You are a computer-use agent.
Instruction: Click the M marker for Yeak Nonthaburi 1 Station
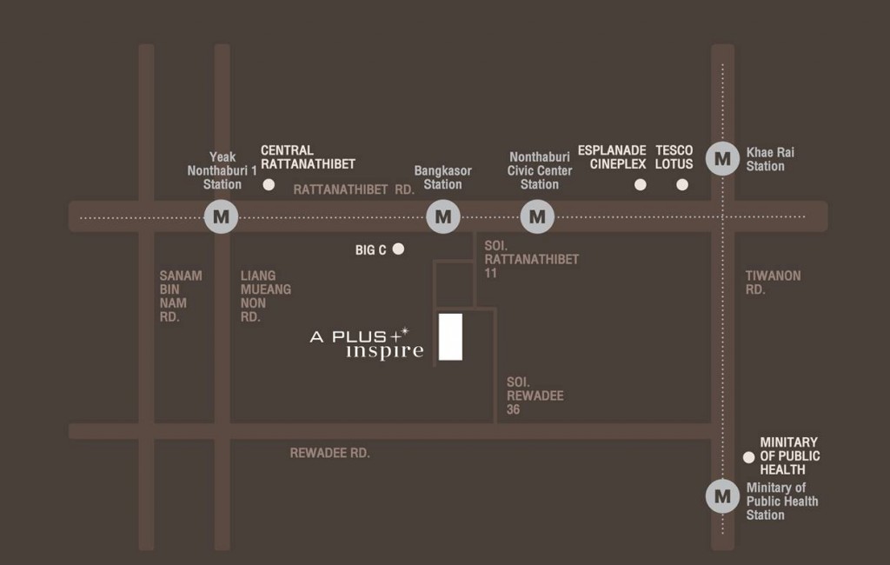tap(221, 216)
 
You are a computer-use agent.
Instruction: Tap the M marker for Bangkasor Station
tap(443, 216)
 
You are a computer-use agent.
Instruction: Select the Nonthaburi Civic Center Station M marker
tap(538, 216)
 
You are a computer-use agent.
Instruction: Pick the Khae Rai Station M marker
tap(722, 159)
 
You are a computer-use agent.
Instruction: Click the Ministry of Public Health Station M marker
tap(722, 496)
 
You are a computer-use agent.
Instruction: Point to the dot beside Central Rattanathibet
tap(269, 185)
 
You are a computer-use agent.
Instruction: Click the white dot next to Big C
tap(398, 249)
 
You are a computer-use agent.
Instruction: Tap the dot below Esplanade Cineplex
tap(641, 184)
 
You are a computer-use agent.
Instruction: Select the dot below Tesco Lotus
tap(682, 184)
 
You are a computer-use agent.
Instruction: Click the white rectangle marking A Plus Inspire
tap(450, 337)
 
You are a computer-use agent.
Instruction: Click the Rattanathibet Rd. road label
tap(354, 189)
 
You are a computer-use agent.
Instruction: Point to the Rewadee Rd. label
tap(329, 453)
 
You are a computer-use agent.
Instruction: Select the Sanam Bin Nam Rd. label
tap(180, 296)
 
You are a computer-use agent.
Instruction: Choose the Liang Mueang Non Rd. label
tap(265, 296)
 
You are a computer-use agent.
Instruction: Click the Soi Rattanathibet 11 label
tap(531, 259)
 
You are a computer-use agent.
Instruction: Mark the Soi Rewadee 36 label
tap(535, 395)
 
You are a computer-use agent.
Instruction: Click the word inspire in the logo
tap(385, 352)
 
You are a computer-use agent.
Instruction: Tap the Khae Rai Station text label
tap(770, 159)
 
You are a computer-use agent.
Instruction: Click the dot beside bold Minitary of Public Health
tap(747, 457)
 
